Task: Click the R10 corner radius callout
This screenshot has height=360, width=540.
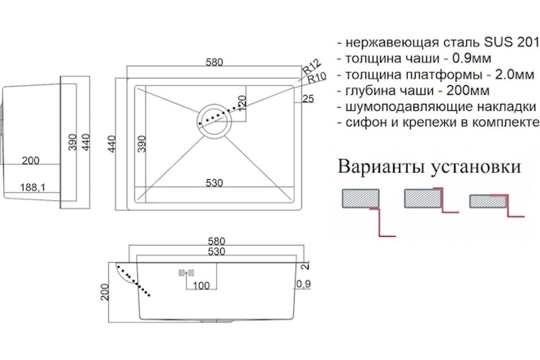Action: coord(317,77)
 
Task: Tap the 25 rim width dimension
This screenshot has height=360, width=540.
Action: coord(308,99)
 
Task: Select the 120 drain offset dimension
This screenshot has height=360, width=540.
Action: coord(243,103)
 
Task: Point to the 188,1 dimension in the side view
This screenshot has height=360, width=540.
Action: coord(32,187)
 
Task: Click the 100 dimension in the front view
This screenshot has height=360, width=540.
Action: coord(201,286)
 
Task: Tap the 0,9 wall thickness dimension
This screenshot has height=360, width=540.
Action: coord(303,284)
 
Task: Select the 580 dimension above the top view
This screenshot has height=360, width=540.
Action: coord(214,63)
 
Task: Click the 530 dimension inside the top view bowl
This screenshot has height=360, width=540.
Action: coord(214,183)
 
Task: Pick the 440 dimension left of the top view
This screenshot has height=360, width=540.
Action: coord(112,144)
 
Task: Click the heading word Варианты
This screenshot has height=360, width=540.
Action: coord(381,166)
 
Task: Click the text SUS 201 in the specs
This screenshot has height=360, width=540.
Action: coord(511,43)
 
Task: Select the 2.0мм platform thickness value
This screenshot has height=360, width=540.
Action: coord(515,75)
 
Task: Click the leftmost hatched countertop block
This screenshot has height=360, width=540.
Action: coord(360,198)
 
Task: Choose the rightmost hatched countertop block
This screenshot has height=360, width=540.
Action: coord(488,202)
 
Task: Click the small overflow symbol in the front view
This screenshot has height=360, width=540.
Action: coord(186,273)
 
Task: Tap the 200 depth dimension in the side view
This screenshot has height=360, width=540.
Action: coord(31,161)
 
